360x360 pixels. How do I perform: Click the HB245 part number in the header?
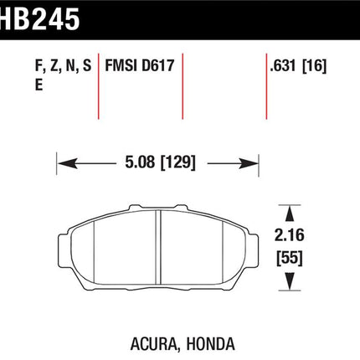39,18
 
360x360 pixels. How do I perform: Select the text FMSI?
121,65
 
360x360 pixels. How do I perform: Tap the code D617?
158,65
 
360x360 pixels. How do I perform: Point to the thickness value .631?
282,65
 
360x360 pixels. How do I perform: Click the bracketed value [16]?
314,66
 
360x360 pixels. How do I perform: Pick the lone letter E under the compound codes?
39,85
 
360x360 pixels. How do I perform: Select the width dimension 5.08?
140,162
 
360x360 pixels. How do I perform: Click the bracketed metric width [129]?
178,162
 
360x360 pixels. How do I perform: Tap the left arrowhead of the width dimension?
67,163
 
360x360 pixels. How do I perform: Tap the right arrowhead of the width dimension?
249,163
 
